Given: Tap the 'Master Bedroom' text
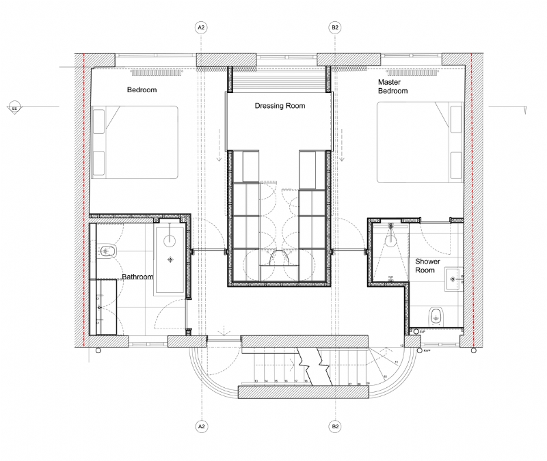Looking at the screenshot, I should pyautogui.click(x=393, y=86).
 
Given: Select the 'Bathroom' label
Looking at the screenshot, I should pyautogui.click(x=137, y=277).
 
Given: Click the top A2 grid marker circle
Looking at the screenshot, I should pyautogui.click(x=201, y=28).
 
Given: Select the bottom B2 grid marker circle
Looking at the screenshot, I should pyautogui.click(x=335, y=427).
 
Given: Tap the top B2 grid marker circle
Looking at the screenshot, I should pyautogui.click(x=335, y=28).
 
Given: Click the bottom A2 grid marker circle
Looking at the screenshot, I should pyautogui.click(x=201, y=427).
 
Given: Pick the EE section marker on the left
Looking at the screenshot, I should pyautogui.click(x=14, y=107).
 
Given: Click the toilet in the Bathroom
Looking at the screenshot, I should pyautogui.click(x=107, y=251).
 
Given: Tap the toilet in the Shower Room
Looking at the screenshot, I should pyautogui.click(x=436, y=315).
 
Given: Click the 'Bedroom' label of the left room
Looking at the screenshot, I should pyautogui.click(x=142, y=90).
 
